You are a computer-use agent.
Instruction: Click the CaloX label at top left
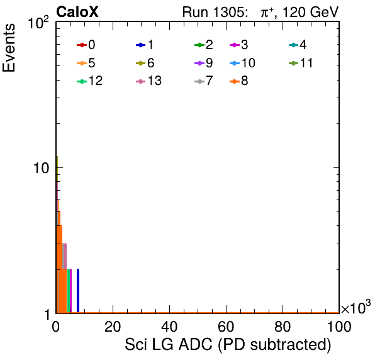point(77,12)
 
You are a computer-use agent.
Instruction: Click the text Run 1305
point(213,12)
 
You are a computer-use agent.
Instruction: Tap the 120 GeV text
point(310,12)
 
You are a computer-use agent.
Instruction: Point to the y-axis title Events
point(9,48)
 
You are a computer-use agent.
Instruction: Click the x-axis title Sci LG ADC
point(169,345)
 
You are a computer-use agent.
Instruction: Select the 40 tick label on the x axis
point(169,327)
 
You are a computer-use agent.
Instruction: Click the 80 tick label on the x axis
point(283,327)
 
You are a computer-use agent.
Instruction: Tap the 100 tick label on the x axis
point(339,327)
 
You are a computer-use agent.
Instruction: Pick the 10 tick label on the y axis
point(41,168)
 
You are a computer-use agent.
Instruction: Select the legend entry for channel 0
point(86,45)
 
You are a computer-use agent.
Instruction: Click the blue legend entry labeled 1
point(145,45)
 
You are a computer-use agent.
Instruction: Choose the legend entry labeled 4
point(298,45)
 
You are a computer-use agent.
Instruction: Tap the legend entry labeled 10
point(242,63)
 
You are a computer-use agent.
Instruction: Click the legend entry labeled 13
point(148,81)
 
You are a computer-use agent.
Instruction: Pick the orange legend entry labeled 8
point(239,81)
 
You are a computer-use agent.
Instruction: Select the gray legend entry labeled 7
point(204,81)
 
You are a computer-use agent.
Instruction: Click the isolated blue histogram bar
point(78,291)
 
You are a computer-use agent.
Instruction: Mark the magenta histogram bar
point(70,291)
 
